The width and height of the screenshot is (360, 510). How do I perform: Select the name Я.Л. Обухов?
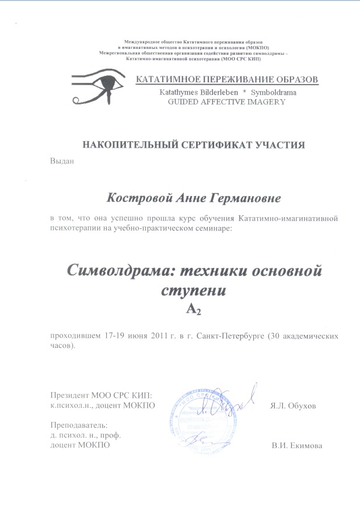[293, 406]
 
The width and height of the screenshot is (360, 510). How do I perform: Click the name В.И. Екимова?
[297, 446]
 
